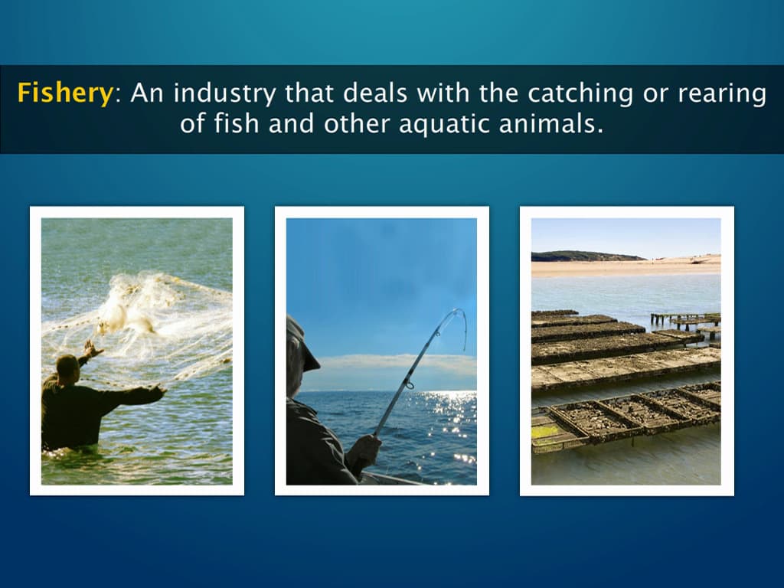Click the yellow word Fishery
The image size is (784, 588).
tap(65, 94)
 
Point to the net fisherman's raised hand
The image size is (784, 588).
tap(91, 349)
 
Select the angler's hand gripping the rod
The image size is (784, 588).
tap(366, 448)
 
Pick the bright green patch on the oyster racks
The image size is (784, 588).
tap(546, 432)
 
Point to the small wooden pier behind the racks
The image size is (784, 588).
tap(685, 318)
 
